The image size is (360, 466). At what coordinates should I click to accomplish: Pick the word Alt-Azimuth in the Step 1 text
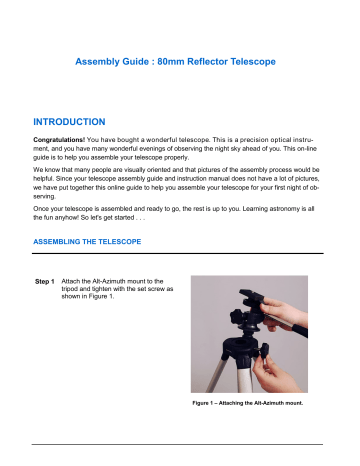(125, 290)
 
